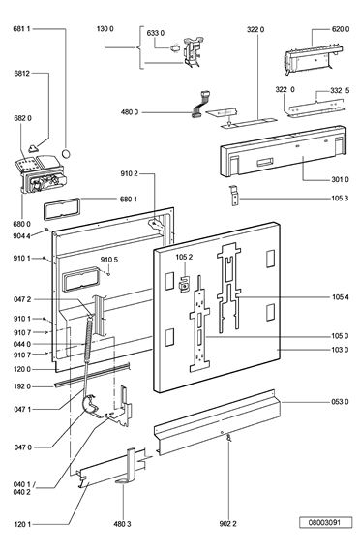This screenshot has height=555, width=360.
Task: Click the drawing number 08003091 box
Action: pyautogui.click(x=326, y=522)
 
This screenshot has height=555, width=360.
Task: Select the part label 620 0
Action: pyautogui.click(x=341, y=29)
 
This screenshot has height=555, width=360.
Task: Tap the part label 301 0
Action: pyautogui.click(x=340, y=180)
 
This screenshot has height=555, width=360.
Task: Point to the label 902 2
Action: pyautogui.click(x=227, y=523)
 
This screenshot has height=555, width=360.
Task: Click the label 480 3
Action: pyautogui.click(x=122, y=523)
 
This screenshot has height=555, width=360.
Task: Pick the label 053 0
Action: pyautogui.click(x=340, y=402)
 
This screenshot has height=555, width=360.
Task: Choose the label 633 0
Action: pyautogui.click(x=156, y=33)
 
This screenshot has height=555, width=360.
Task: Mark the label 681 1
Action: pyautogui.click(x=22, y=28)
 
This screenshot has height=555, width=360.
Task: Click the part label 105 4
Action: pyautogui.click(x=341, y=297)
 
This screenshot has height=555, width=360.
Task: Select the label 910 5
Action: pyautogui.click(x=109, y=260)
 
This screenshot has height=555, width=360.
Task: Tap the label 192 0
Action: pyautogui.click(x=22, y=386)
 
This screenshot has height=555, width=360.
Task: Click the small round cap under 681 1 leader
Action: pyautogui.click(x=66, y=154)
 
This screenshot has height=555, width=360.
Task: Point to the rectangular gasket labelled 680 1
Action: pyautogui.click(x=62, y=209)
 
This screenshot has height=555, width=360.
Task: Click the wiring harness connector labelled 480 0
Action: pyautogui.click(x=200, y=105)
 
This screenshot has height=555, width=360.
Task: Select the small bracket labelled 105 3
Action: pyautogui.click(x=233, y=196)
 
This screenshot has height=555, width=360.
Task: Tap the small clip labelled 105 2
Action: pyautogui.click(x=183, y=285)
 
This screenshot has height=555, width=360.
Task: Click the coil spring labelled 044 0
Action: pyautogui.click(x=89, y=338)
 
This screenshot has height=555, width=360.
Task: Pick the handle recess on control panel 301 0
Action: pyautogui.click(x=264, y=162)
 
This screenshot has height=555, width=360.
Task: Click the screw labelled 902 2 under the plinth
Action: pyautogui.click(x=229, y=438)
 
